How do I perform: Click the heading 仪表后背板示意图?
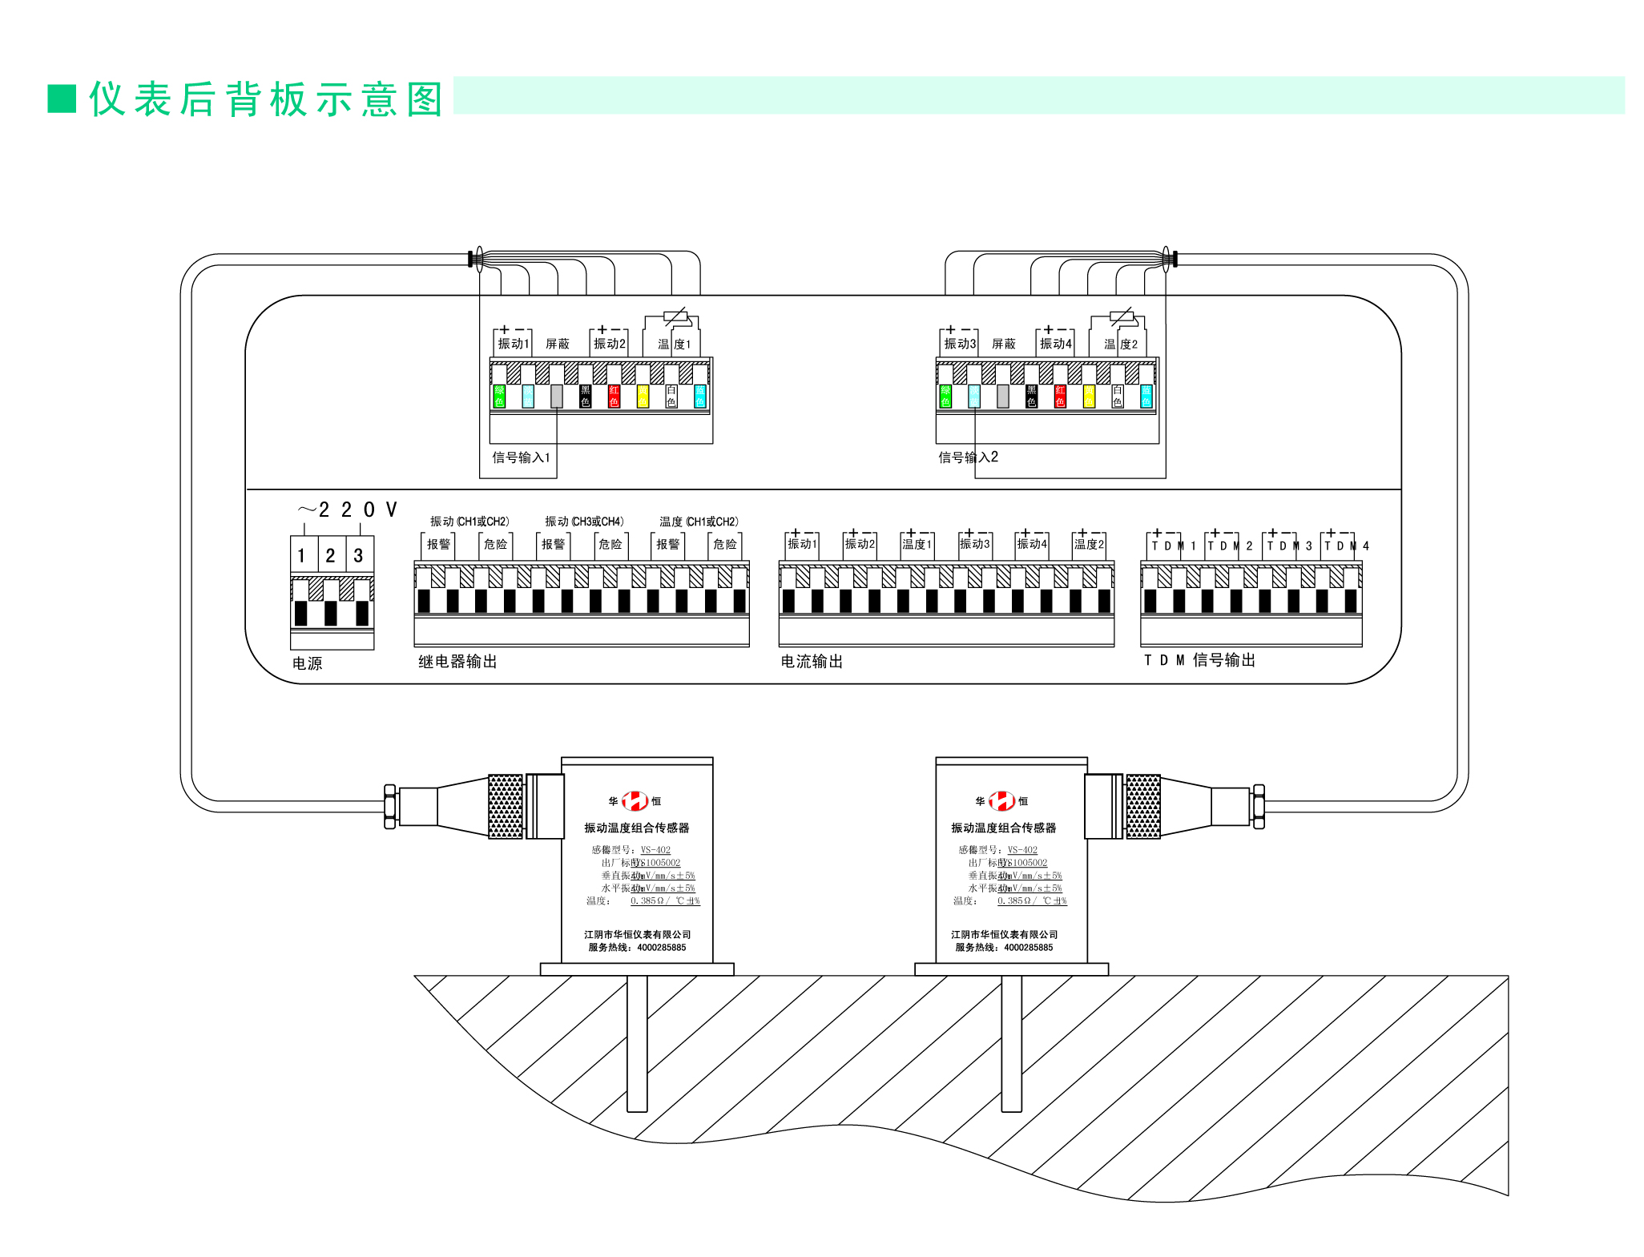(x=264, y=99)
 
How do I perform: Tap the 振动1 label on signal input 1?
(x=513, y=344)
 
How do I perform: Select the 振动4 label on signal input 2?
(x=1055, y=344)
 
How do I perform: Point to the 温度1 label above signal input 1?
(x=674, y=344)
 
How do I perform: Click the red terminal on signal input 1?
(x=614, y=396)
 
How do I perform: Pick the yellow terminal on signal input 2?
(x=1089, y=396)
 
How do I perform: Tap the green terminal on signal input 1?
(x=499, y=396)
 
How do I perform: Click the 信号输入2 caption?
(x=968, y=457)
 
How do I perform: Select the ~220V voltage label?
(x=347, y=510)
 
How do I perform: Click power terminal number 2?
(x=330, y=555)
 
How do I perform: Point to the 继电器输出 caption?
(x=457, y=662)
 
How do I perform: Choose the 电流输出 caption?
(x=812, y=662)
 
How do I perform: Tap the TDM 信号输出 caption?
(x=1199, y=660)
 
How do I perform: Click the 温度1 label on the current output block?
(x=917, y=545)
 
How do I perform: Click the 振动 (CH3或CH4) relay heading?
(x=584, y=522)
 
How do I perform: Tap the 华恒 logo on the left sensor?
(x=635, y=800)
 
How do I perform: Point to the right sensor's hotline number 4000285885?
(x=1028, y=948)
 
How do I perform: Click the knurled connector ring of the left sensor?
(x=506, y=807)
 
